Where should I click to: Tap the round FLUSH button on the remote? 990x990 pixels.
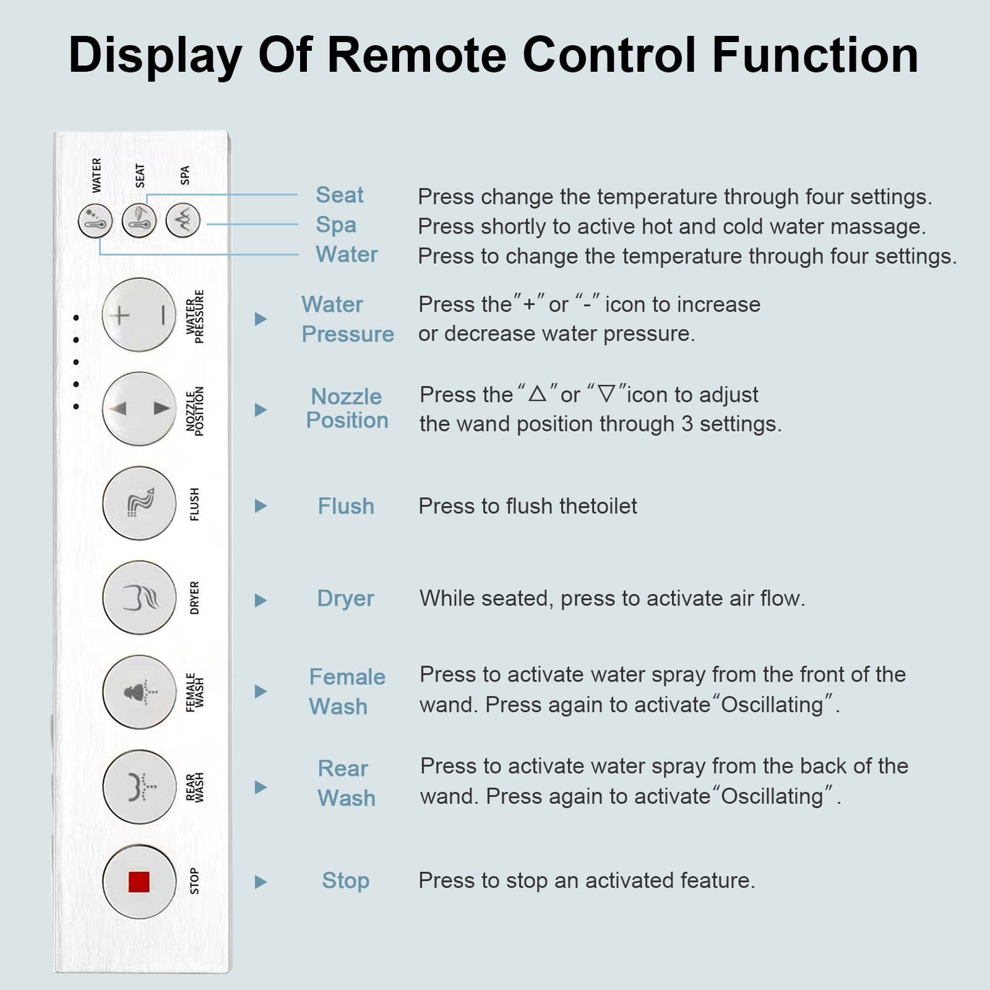pyautogui.click(x=139, y=503)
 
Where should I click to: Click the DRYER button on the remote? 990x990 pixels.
pyautogui.click(x=139, y=598)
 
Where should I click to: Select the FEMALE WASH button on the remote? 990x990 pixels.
pyautogui.click(x=139, y=692)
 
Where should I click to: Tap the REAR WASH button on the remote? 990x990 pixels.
pyautogui.click(x=139, y=786)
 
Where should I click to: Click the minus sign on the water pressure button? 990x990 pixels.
pyautogui.click(x=163, y=316)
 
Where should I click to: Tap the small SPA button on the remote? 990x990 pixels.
pyautogui.click(x=183, y=220)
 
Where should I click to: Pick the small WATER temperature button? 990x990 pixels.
pyautogui.click(x=95, y=221)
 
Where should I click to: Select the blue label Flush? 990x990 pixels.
pyautogui.click(x=346, y=506)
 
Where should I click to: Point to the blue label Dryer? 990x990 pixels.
pyautogui.click(x=345, y=598)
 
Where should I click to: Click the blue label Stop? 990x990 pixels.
pyautogui.click(x=345, y=880)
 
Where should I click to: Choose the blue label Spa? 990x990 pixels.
pyautogui.click(x=336, y=225)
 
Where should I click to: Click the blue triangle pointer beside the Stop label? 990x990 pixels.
pyautogui.click(x=260, y=882)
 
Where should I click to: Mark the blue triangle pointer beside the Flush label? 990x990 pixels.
pyautogui.click(x=260, y=506)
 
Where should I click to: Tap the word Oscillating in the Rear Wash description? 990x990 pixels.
pyautogui.click(x=772, y=796)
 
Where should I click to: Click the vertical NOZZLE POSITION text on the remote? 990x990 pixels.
pyautogui.click(x=195, y=411)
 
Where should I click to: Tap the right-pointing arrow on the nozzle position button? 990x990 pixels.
pyautogui.click(x=161, y=408)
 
